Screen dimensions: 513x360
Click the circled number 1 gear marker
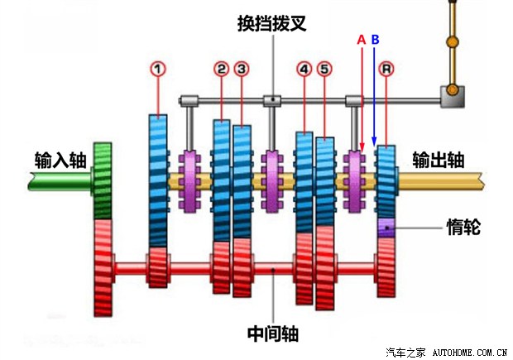click(x=158, y=69)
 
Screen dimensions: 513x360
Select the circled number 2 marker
click(x=222, y=69)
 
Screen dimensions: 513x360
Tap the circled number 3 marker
click(x=242, y=69)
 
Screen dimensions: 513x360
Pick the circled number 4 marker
click(x=304, y=69)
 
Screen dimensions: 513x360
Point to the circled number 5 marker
click(x=324, y=69)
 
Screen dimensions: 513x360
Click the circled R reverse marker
click(x=386, y=69)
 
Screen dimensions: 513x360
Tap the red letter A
click(x=362, y=40)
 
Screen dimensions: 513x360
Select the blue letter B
click(x=376, y=40)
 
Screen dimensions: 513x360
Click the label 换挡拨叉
click(x=272, y=23)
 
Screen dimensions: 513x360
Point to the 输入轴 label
click(x=60, y=160)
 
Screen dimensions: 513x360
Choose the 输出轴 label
click(x=438, y=160)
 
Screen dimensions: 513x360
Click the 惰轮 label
click(x=463, y=227)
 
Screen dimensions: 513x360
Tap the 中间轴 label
click(x=273, y=334)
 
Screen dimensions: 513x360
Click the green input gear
click(x=103, y=181)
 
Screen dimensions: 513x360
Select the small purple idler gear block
click(x=386, y=228)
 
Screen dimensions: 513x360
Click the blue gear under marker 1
click(x=158, y=180)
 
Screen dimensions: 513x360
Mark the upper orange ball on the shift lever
click(x=453, y=41)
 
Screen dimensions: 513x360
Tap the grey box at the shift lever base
click(x=452, y=96)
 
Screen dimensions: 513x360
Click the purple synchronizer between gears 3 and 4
click(x=272, y=181)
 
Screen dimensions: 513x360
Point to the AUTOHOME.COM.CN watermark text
click(x=470, y=353)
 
